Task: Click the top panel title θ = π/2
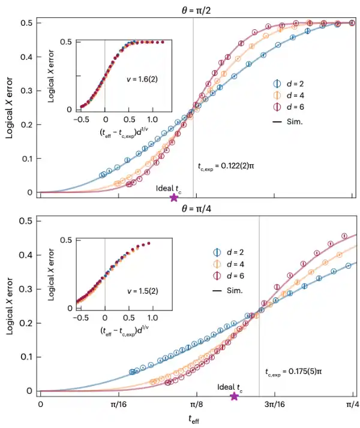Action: [196, 11]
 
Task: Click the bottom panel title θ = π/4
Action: [196, 209]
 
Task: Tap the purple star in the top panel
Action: [174, 197]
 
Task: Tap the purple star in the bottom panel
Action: [234, 396]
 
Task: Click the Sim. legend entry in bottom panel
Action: [227, 290]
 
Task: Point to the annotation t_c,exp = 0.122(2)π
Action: [226, 166]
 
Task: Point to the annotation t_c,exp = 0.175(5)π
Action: [293, 372]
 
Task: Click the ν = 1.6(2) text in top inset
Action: [142, 79]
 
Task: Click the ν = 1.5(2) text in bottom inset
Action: [143, 291]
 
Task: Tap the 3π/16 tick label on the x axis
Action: [275, 404]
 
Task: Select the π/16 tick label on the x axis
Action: [118, 404]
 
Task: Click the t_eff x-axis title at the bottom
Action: [194, 419]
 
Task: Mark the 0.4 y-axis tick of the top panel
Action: [27, 57]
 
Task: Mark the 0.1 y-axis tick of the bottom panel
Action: [27, 357]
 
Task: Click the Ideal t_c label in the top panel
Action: [169, 188]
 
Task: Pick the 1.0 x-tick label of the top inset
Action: [152, 119]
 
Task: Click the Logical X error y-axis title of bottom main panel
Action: [10, 306]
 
